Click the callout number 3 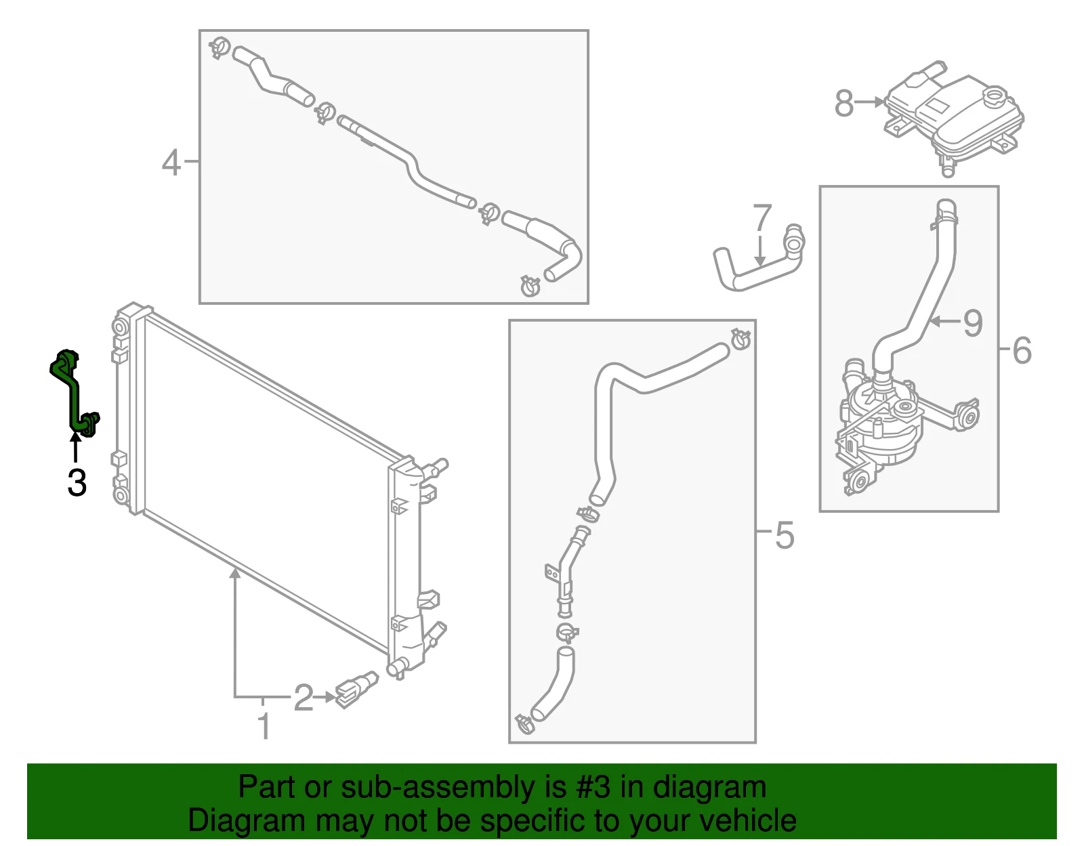pos(77,482)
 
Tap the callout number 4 pos(171,163)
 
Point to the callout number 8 pos(843,103)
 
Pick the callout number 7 pos(762,217)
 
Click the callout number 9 pos(972,323)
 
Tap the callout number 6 pos(1022,350)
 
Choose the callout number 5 pos(784,535)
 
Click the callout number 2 pos(304,698)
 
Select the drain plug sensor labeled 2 pos(357,689)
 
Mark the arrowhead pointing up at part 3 pos(75,438)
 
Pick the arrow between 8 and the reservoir pos(869,102)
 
